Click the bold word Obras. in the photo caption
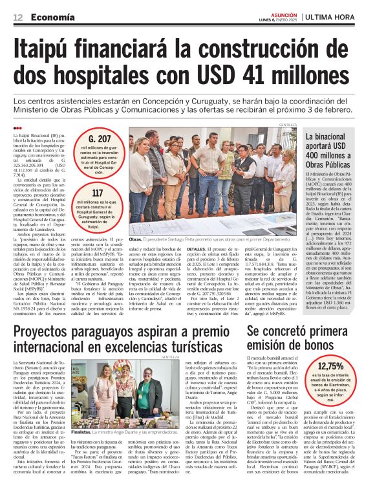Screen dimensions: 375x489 137,239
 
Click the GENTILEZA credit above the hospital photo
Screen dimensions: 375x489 288,124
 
